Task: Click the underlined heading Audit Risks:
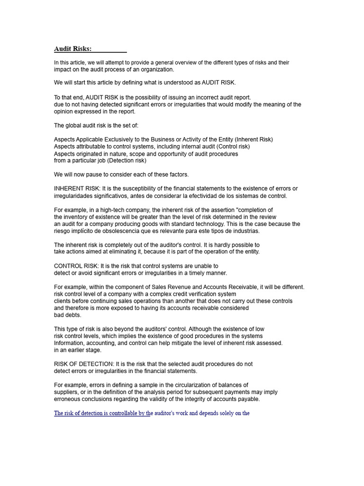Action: pos(73,49)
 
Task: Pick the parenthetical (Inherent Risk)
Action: pos(250,140)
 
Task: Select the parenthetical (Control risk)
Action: pos(229,147)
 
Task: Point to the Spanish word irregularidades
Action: pos(74,196)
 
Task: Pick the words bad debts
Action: pos(68,315)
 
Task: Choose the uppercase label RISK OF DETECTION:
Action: pos(84,364)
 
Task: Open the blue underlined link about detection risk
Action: pos(102,413)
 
